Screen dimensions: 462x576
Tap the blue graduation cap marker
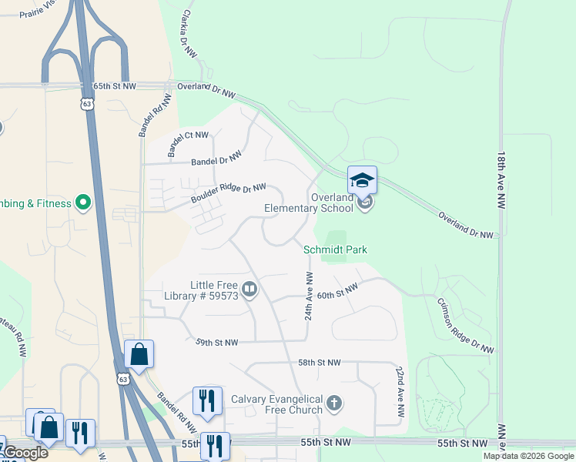362,181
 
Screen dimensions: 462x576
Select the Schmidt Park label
335,249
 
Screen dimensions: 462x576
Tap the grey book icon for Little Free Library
249,290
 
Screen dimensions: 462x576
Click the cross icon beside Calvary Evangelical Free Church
333,402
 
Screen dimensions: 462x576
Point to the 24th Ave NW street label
308,296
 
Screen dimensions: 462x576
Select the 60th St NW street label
338,291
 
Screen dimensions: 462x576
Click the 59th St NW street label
216,342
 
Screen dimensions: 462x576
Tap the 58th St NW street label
319,362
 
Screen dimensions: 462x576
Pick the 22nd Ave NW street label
400,392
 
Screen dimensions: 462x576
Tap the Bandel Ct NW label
187,140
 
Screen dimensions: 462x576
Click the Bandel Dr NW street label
216,158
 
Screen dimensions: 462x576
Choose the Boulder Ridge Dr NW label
229,193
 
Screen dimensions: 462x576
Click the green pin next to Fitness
83,203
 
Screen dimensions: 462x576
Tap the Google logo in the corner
25,453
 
